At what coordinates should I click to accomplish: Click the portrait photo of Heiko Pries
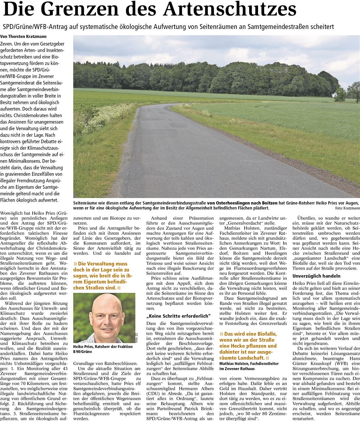[104, 318]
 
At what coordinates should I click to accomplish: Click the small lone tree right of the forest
[340, 94]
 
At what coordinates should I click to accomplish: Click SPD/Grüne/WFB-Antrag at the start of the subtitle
[28, 27]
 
